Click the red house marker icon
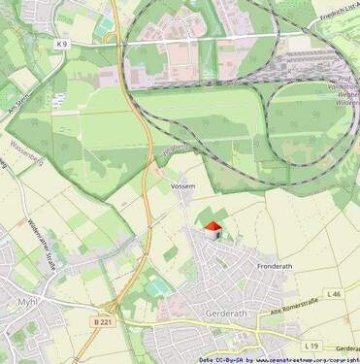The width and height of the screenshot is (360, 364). point(213,230)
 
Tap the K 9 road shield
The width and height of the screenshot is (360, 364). point(62,44)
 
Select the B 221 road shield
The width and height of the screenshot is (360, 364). point(103,321)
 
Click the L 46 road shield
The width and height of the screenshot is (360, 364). point(334,293)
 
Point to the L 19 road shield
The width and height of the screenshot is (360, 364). point(311,346)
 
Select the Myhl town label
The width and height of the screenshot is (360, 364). point(26,302)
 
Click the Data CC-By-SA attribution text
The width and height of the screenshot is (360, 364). point(218,359)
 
